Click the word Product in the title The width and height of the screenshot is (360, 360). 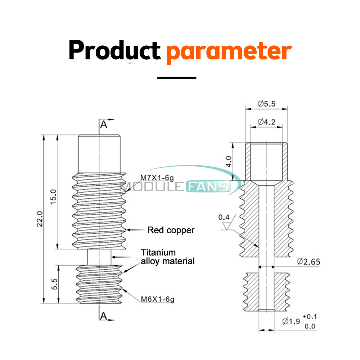point(114,51)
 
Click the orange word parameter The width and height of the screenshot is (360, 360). point(228,51)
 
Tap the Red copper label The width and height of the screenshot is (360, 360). point(171,230)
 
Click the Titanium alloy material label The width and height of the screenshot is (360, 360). point(168,257)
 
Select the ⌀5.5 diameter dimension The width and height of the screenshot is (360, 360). point(267,104)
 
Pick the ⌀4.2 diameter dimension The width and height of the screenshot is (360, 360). point(267,122)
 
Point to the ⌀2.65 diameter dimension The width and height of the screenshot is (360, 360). point(309,261)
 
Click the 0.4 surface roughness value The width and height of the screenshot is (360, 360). point(223,217)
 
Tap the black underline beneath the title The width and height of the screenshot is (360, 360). point(177,77)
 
